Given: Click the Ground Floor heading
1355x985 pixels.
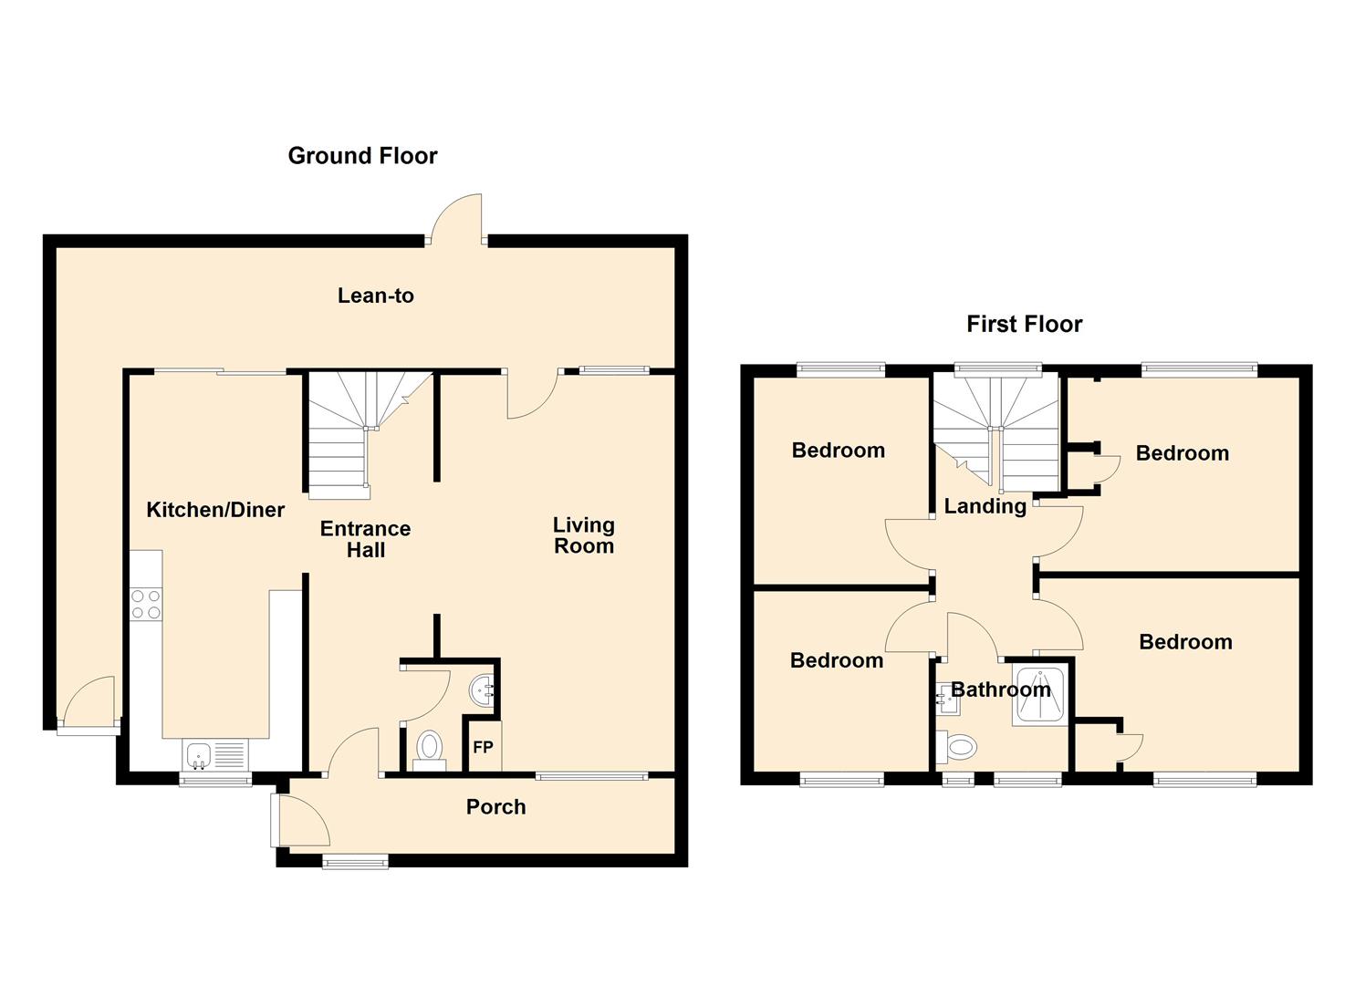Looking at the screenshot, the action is tap(362, 156).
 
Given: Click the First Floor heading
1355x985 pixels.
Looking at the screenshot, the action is tap(1024, 324).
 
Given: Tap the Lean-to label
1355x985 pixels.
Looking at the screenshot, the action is tap(376, 295).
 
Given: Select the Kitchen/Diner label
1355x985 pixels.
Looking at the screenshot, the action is tap(215, 510).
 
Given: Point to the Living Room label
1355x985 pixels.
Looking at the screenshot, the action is tap(584, 535).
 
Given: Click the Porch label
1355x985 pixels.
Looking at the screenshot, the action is tap(496, 806).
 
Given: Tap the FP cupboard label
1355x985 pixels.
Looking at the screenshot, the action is tap(483, 747).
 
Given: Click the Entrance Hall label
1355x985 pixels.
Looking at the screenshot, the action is tap(365, 539).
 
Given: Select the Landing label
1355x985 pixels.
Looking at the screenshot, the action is tap(985, 506).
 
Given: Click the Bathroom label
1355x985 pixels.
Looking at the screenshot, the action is tap(1001, 689).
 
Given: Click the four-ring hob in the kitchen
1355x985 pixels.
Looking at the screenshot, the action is tap(146, 604).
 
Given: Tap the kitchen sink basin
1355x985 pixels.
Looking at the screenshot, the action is tap(198, 755).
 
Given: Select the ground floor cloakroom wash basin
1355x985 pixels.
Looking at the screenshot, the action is tap(482, 689).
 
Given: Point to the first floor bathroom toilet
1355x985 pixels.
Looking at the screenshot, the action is tap(956, 747).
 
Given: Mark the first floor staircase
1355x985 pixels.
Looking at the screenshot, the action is tap(995, 432).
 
